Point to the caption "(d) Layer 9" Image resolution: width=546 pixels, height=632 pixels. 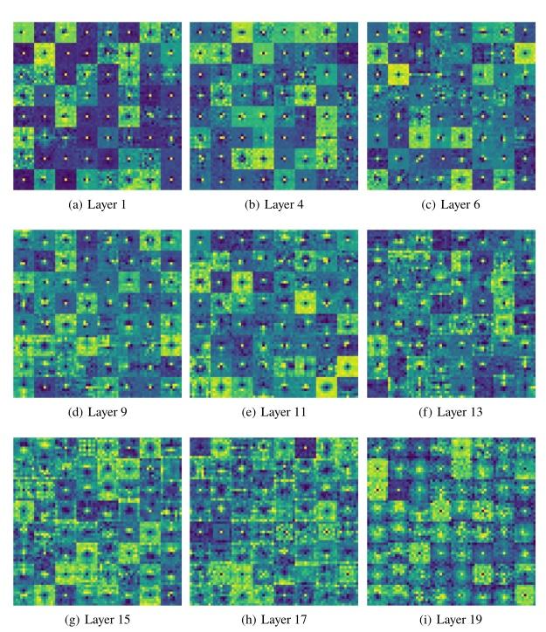click(98, 412)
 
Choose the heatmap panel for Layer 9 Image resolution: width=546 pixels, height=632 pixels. click(98, 313)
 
